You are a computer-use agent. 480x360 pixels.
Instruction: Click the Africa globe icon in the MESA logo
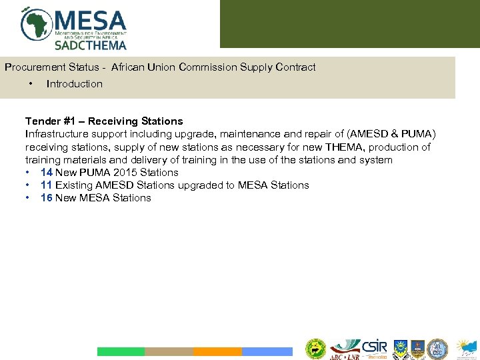click(x=37, y=25)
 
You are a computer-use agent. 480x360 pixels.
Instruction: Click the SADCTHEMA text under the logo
click(x=90, y=45)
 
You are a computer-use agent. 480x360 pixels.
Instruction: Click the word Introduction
click(x=75, y=84)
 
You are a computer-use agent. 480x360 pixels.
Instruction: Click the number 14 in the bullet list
click(x=47, y=173)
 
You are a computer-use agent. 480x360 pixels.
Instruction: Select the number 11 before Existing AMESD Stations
click(x=47, y=185)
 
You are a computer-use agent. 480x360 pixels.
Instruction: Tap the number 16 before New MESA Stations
click(x=47, y=198)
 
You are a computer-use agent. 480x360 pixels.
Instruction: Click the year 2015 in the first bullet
click(x=125, y=173)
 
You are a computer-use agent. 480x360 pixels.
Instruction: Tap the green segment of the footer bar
click(x=121, y=351)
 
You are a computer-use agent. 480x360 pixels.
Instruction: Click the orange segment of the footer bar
click(x=217, y=351)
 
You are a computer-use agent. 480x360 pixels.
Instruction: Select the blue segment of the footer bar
click(x=267, y=351)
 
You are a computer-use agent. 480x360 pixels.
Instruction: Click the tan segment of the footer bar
click(x=169, y=351)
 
